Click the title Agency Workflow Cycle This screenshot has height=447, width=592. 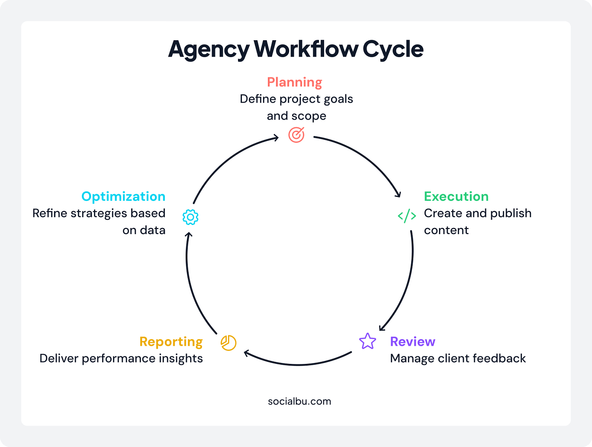(296, 49)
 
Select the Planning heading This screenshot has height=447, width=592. (294, 82)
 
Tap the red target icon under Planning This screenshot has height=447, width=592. (296, 135)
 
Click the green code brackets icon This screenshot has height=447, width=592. (407, 215)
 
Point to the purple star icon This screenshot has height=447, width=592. (367, 341)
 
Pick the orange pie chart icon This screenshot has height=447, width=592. (228, 343)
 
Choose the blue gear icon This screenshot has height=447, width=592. (190, 217)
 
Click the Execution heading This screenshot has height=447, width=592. (456, 196)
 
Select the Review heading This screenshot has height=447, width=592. (412, 341)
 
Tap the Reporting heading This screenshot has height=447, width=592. (171, 341)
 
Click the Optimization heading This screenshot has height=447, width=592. (123, 196)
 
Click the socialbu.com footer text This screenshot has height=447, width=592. (299, 401)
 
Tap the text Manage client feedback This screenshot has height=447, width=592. (458, 358)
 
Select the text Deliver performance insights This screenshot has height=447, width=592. (121, 358)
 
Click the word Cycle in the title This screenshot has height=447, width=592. (393, 49)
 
